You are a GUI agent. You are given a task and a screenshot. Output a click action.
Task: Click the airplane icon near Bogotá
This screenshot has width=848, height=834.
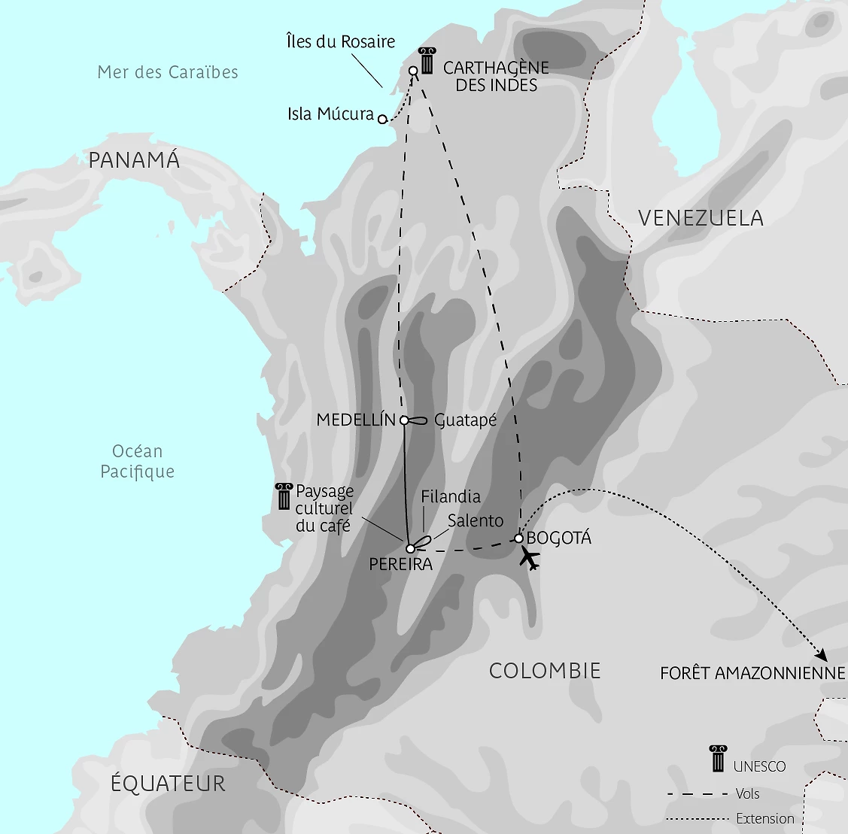tap(530, 560)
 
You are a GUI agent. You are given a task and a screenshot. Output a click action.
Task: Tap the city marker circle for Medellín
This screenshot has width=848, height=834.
tap(405, 420)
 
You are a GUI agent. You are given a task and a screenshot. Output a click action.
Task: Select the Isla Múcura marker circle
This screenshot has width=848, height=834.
tap(382, 119)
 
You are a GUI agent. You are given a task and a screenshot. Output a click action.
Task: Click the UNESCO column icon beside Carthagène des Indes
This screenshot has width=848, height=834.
tap(427, 61)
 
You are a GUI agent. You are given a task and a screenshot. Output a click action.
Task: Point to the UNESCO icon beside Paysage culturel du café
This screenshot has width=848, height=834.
tap(284, 498)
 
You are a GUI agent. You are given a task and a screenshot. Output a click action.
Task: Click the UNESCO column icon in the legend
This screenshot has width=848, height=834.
tap(718, 758)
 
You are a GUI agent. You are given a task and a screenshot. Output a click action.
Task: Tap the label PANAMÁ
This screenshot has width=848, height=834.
tap(134, 160)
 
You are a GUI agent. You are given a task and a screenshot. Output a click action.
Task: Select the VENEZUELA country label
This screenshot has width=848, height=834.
tap(701, 218)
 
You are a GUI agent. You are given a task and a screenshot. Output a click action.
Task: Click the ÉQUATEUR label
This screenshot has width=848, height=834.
tap(168, 783)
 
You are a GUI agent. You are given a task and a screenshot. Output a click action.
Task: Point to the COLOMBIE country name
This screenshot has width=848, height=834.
tap(545, 671)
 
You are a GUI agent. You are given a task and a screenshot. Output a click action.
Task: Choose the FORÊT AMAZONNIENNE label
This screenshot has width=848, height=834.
tap(752, 673)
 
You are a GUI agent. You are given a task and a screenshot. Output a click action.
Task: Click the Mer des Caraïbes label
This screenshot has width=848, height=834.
tap(168, 72)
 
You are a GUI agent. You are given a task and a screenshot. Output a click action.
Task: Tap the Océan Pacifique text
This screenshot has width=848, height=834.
tap(138, 461)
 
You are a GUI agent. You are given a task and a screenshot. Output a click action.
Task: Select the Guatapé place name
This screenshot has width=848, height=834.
tap(466, 420)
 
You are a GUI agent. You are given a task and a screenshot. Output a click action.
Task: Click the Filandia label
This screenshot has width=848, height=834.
tap(451, 496)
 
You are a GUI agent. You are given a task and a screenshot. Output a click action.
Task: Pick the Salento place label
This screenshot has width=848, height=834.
tap(476, 520)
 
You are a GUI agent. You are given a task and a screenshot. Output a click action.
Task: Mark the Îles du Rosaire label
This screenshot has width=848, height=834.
tap(341, 41)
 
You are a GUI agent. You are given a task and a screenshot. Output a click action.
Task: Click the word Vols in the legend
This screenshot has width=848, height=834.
tap(748, 793)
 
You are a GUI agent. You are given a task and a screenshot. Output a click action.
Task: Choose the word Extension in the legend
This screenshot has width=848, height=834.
tap(765, 819)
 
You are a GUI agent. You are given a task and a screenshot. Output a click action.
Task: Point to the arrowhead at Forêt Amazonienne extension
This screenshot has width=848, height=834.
tap(821, 655)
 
